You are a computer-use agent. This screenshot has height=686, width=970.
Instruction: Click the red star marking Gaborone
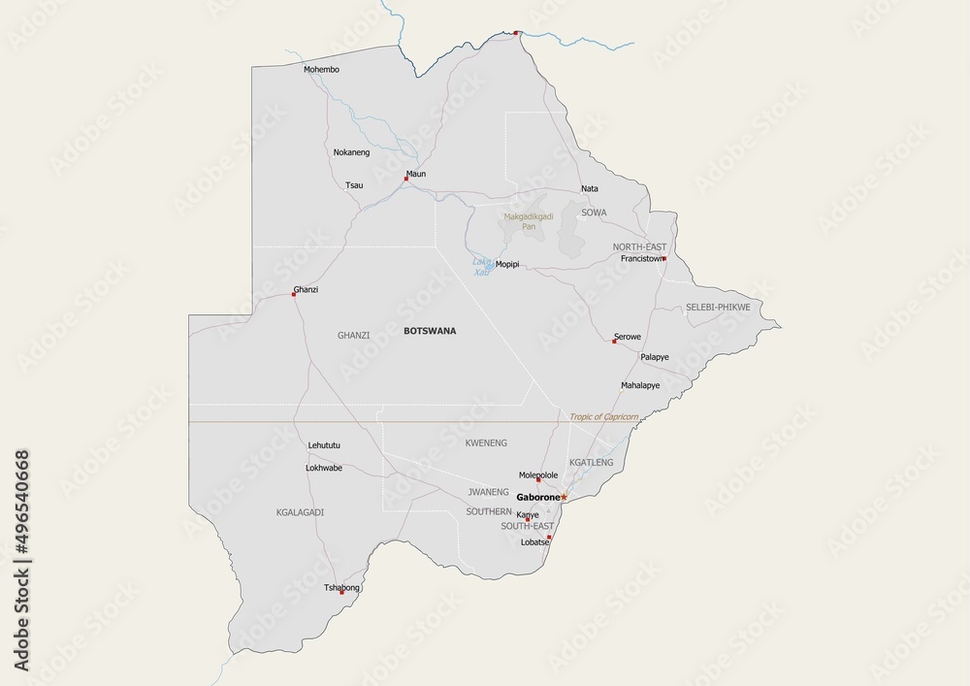(565, 497)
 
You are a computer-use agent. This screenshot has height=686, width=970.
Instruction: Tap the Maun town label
(416, 174)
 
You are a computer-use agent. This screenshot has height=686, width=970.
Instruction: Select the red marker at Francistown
(664, 258)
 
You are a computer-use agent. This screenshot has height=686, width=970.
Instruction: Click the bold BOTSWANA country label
(429, 331)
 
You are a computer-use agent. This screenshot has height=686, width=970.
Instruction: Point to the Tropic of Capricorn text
(604, 416)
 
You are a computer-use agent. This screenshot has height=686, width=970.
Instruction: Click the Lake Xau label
(481, 267)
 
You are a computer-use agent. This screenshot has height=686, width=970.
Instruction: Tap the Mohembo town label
(321, 70)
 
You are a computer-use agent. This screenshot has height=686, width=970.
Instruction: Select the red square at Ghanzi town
(294, 294)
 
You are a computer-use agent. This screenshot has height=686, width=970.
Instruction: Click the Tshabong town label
(342, 587)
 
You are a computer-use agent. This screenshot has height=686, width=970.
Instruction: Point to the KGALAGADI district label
(300, 511)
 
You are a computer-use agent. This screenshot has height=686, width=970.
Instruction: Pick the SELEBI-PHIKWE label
(718, 307)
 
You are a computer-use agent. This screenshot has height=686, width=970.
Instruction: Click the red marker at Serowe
(614, 341)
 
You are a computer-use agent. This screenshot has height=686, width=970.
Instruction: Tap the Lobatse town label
(535, 541)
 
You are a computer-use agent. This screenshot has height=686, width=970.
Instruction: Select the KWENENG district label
(486, 442)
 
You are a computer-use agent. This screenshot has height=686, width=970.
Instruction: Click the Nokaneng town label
(351, 152)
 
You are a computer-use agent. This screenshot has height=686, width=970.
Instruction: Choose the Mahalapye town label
(640, 385)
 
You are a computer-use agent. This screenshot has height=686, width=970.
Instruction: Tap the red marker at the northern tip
(516, 33)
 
